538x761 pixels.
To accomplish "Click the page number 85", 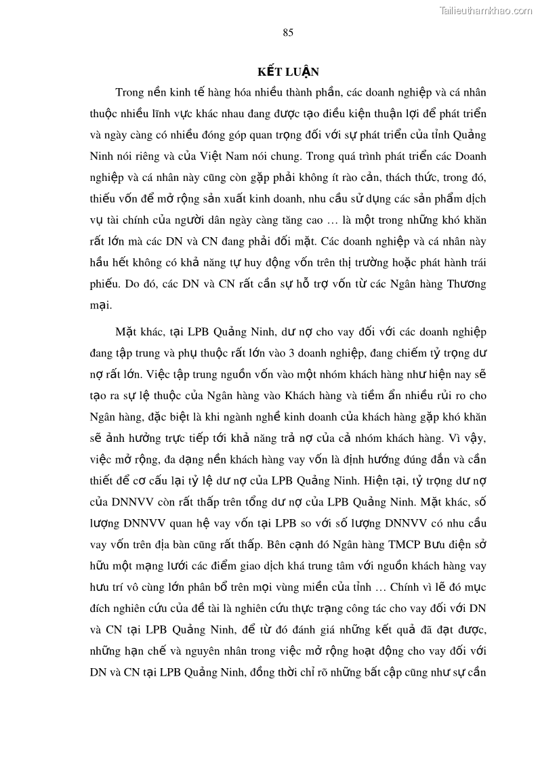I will point(288,33).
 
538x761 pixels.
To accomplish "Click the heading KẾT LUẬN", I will point(287,72).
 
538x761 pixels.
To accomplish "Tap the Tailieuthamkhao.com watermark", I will point(486,10).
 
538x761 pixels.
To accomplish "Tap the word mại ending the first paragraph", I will point(100,304).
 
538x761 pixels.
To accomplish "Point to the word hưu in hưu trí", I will point(99,587).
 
